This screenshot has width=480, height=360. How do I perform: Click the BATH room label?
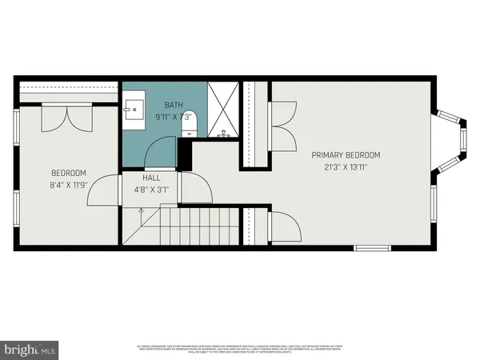(174, 105)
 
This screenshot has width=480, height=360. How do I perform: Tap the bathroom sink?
(134, 109)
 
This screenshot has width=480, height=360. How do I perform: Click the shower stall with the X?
(223, 108)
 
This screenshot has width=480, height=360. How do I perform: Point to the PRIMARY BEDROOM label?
(346, 155)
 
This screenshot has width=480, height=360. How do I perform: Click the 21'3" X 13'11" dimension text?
(346, 167)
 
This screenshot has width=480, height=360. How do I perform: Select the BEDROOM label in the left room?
(69, 173)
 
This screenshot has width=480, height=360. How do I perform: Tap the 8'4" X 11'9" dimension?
(69, 185)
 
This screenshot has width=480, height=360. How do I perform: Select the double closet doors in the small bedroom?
(68, 118)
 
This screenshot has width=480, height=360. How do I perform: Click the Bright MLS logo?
(30, 349)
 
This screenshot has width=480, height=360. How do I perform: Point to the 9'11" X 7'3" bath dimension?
(174, 117)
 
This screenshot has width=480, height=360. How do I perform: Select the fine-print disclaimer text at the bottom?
(240, 349)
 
